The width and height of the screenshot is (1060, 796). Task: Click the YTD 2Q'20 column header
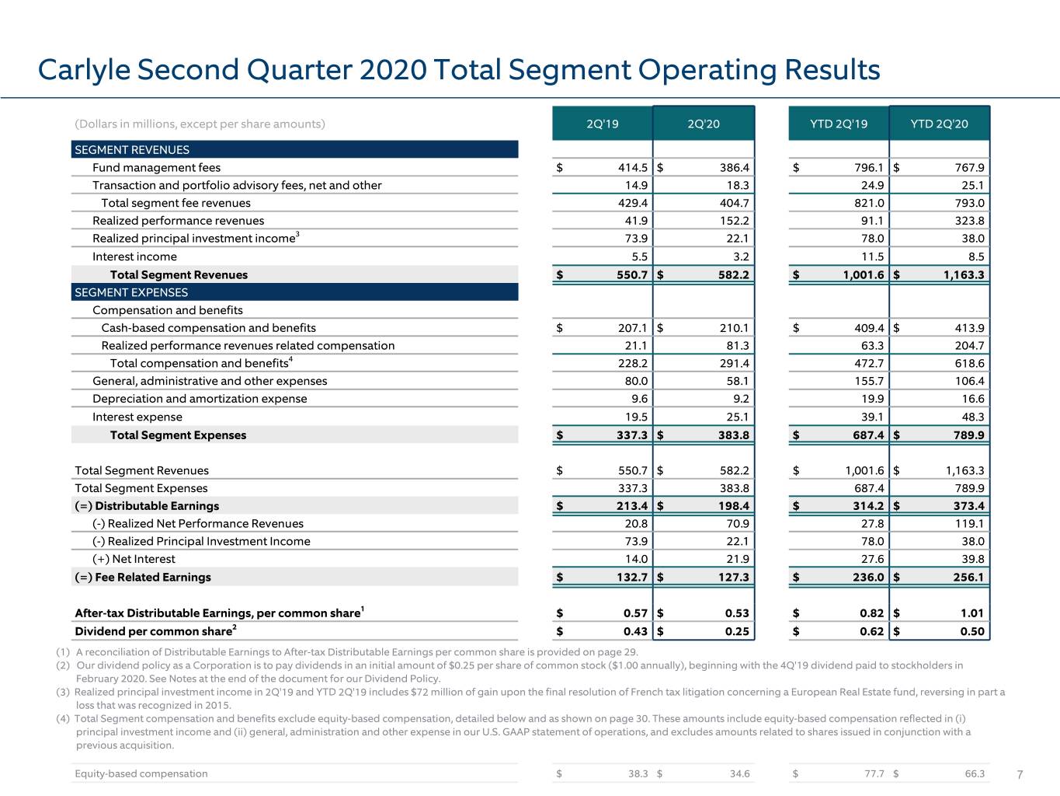coord(940,124)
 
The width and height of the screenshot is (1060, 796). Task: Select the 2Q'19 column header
coord(602,124)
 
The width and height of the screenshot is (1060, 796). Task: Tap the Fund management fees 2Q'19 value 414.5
coord(633,168)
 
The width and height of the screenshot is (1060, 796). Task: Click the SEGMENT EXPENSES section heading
coord(131,292)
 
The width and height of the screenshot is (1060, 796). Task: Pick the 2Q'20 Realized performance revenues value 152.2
coord(734,221)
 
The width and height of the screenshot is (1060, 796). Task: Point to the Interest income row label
coord(135,257)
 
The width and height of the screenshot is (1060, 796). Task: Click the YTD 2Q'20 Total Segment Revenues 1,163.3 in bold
coord(964,275)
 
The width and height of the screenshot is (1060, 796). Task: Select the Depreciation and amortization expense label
coord(200,399)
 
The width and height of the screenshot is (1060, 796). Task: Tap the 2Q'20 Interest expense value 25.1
coord(738,417)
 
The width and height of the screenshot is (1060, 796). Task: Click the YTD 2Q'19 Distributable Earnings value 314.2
coord(868,506)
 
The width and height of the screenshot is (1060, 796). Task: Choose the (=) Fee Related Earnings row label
coord(143,577)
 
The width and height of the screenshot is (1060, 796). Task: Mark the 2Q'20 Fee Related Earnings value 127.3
coord(733,577)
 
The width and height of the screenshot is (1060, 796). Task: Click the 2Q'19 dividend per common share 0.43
coord(635,631)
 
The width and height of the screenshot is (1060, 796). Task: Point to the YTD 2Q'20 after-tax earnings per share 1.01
coord(971,613)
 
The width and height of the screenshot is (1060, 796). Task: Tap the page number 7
coord(1020,774)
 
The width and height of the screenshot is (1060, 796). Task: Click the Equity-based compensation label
coord(141,773)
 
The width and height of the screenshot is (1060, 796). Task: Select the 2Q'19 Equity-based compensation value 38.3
coord(638,773)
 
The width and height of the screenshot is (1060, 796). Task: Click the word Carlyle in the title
coord(84,71)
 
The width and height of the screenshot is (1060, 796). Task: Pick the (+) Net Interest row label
coord(134,559)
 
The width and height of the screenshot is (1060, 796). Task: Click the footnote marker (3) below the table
coord(63,692)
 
